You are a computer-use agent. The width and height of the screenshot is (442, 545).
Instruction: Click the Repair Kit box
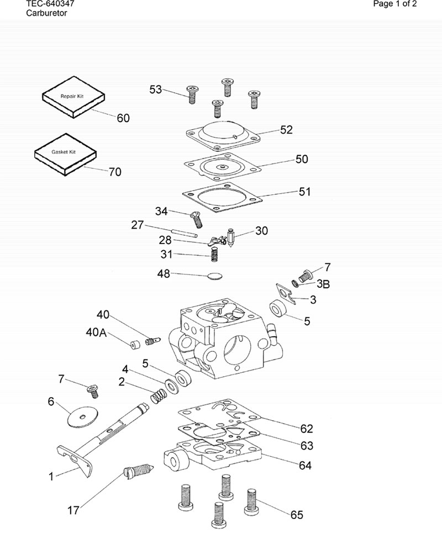73,98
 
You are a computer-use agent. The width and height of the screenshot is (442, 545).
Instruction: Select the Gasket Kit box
65,154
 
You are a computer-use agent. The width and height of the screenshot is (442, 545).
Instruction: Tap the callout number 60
123,118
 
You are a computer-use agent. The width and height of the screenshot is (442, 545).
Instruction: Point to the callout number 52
287,130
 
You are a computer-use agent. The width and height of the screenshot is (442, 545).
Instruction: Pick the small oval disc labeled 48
214,276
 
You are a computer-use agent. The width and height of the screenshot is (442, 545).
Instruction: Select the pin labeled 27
185,232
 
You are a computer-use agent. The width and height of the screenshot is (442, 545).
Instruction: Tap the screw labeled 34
196,219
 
